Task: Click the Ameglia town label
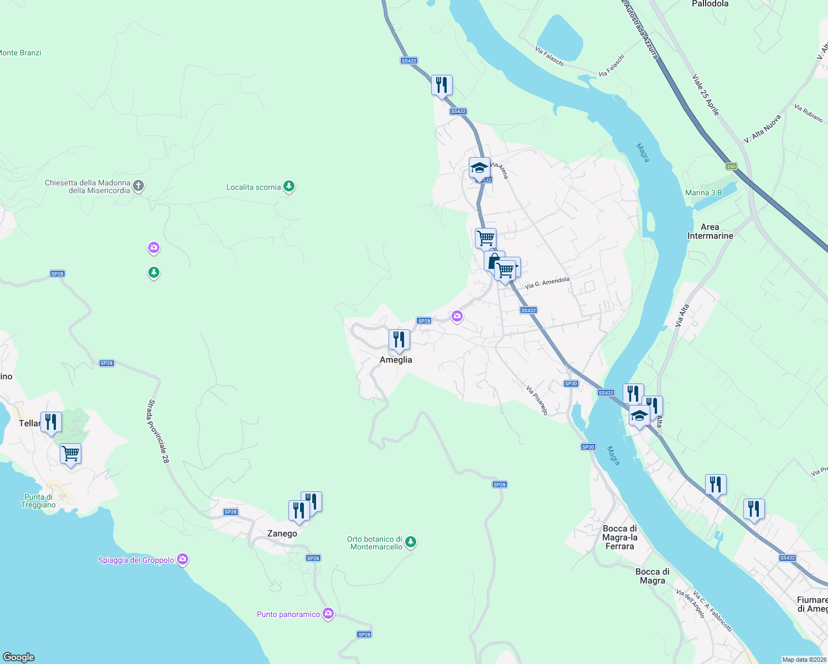tap(396, 360)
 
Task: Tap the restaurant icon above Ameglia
tap(399, 340)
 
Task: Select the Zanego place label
tap(282, 533)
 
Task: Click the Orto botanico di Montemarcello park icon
tap(410, 542)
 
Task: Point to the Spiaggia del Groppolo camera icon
tap(183, 560)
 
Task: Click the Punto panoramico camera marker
tap(328, 614)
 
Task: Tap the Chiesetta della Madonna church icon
tap(139, 186)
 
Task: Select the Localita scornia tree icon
tap(288, 186)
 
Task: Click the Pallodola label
tap(710, 4)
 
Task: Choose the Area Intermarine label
tap(710, 231)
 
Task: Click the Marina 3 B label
tap(703, 193)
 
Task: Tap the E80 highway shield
tap(731, 166)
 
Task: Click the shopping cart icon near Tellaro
tap(71, 454)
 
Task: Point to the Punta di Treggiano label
tap(38, 501)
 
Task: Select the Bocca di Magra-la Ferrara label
tap(620, 537)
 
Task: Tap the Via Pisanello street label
tap(537, 400)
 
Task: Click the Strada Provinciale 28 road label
tap(158, 431)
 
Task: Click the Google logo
tap(19, 657)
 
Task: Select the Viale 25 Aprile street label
tap(706, 95)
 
